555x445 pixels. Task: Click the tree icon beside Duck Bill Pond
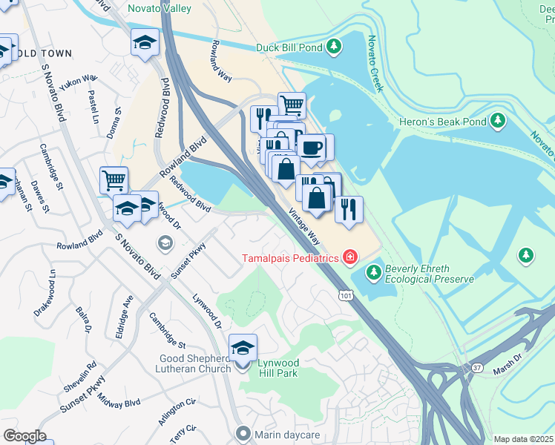click(x=335, y=47)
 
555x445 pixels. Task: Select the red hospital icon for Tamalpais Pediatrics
click(x=349, y=258)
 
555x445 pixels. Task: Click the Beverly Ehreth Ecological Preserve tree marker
click(x=373, y=273)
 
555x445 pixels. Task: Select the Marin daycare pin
click(x=242, y=432)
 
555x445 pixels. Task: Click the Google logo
click(x=24, y=436)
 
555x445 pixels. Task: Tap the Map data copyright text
click(x=524, y=439)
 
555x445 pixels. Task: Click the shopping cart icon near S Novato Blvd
click(x=114, y=179)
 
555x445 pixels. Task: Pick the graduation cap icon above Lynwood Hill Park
click(x=243, y=347)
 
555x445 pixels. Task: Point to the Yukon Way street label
click(x=79, y=82)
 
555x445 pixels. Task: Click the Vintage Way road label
click(x=303, y=228)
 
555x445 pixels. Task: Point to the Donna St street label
click(x=115, y=122)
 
